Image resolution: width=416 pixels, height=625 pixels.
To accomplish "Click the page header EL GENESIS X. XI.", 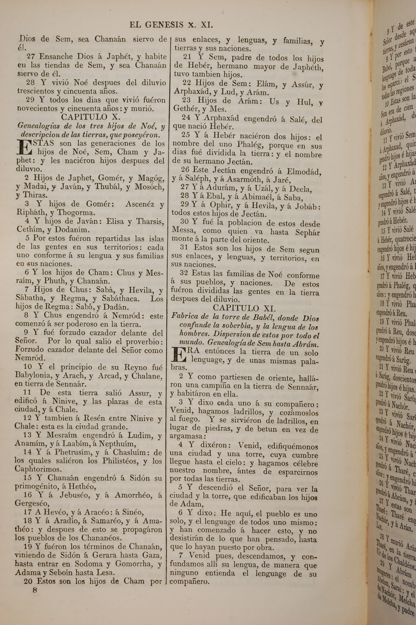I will (x=171, y=25).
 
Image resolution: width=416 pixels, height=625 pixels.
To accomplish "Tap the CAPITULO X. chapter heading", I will (x=91, y=117).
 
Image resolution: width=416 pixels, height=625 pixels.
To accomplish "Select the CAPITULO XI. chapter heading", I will (x=244, y=308).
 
